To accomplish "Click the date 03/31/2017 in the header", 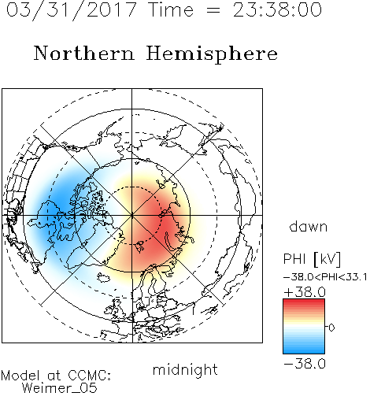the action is pos(72,10).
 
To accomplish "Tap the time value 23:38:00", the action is pos(277,9).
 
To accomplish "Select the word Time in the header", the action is pos(171,9).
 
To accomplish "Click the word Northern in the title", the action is pos(84,53).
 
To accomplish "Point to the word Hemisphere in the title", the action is pos(212,54).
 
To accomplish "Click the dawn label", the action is pos(309,226).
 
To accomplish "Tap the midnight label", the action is pos(185,370).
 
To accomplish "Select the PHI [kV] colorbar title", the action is pos(312,259).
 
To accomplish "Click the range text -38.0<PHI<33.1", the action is pos(325,277).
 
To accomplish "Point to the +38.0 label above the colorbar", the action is pos(305,292).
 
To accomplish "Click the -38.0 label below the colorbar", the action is pos(305,364).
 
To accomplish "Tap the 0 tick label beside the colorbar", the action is pos(331,328).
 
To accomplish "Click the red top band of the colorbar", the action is pos(304,302).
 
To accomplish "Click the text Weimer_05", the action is pos(60,388).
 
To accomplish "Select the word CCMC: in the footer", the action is pos(89,376).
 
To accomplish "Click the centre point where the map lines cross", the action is pos(132,215).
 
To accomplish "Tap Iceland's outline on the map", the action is pos(103,277).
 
